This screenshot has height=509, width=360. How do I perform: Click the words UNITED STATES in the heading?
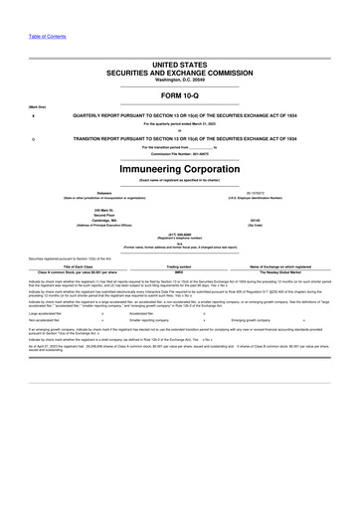tap(179, 62)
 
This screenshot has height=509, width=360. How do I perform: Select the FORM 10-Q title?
tap(179, 95)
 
